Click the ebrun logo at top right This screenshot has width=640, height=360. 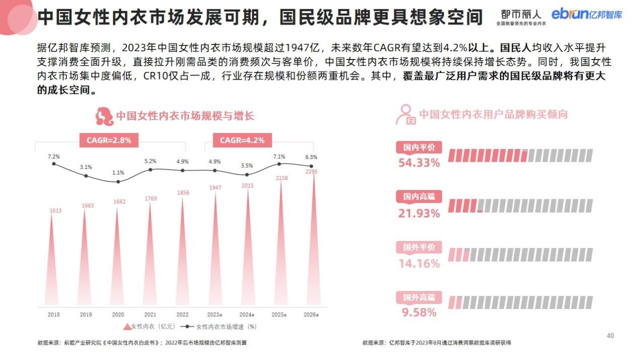587,15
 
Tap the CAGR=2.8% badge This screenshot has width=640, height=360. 108,140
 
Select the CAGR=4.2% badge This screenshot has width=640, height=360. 242,140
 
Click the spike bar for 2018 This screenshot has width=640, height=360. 53,262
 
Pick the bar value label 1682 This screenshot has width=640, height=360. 118,202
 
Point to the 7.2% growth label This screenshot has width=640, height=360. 54,156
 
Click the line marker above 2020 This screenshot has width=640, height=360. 118,182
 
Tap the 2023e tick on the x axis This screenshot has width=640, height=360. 215,315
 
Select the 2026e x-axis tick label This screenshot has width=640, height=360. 311,315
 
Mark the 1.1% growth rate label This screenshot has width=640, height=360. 118,173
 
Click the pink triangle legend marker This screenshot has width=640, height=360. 126,327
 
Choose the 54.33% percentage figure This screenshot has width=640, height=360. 419,163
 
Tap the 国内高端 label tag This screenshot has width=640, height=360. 419,197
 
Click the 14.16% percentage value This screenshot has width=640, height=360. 419,263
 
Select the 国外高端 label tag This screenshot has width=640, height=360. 419,297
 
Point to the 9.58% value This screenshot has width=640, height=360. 419,313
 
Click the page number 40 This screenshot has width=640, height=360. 610,335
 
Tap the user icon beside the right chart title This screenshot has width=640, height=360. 405,114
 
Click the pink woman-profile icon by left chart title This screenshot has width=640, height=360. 104,116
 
